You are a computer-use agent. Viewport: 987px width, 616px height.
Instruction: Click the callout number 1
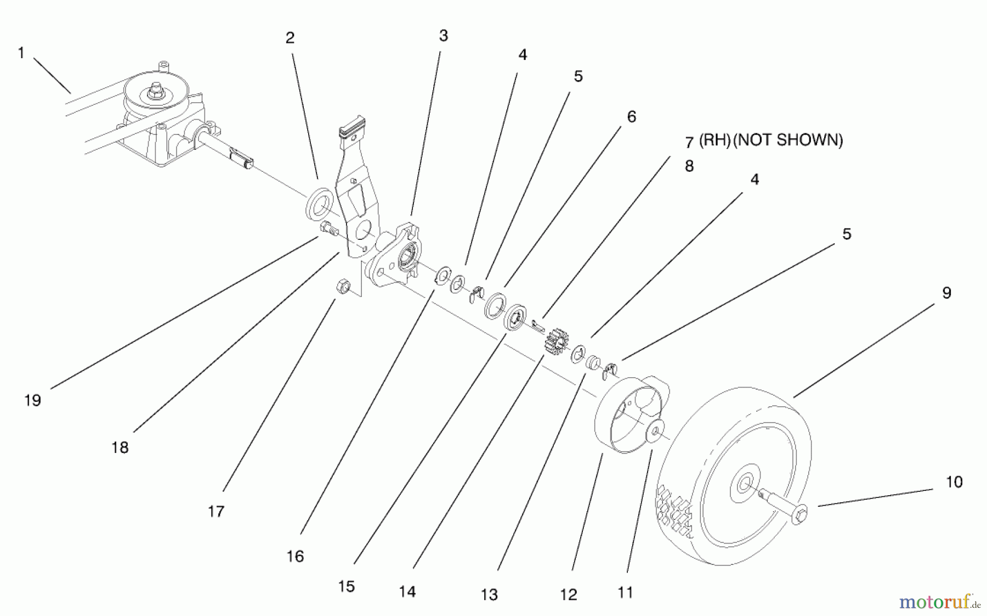(x=21, y=53)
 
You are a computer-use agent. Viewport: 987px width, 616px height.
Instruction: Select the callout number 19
(x=32, y=400)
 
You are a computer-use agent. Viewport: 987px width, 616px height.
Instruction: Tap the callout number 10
(x=954, y=481)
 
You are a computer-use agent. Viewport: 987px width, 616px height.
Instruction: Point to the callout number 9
(x=946, y=293)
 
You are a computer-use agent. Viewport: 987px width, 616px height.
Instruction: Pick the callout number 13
(x=489, y=594)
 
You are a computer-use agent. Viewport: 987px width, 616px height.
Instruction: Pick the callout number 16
(x=295, y=556)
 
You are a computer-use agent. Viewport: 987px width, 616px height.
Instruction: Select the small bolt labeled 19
(x=327, y=228)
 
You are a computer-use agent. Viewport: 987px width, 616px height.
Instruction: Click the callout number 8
(x=689, y=166)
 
